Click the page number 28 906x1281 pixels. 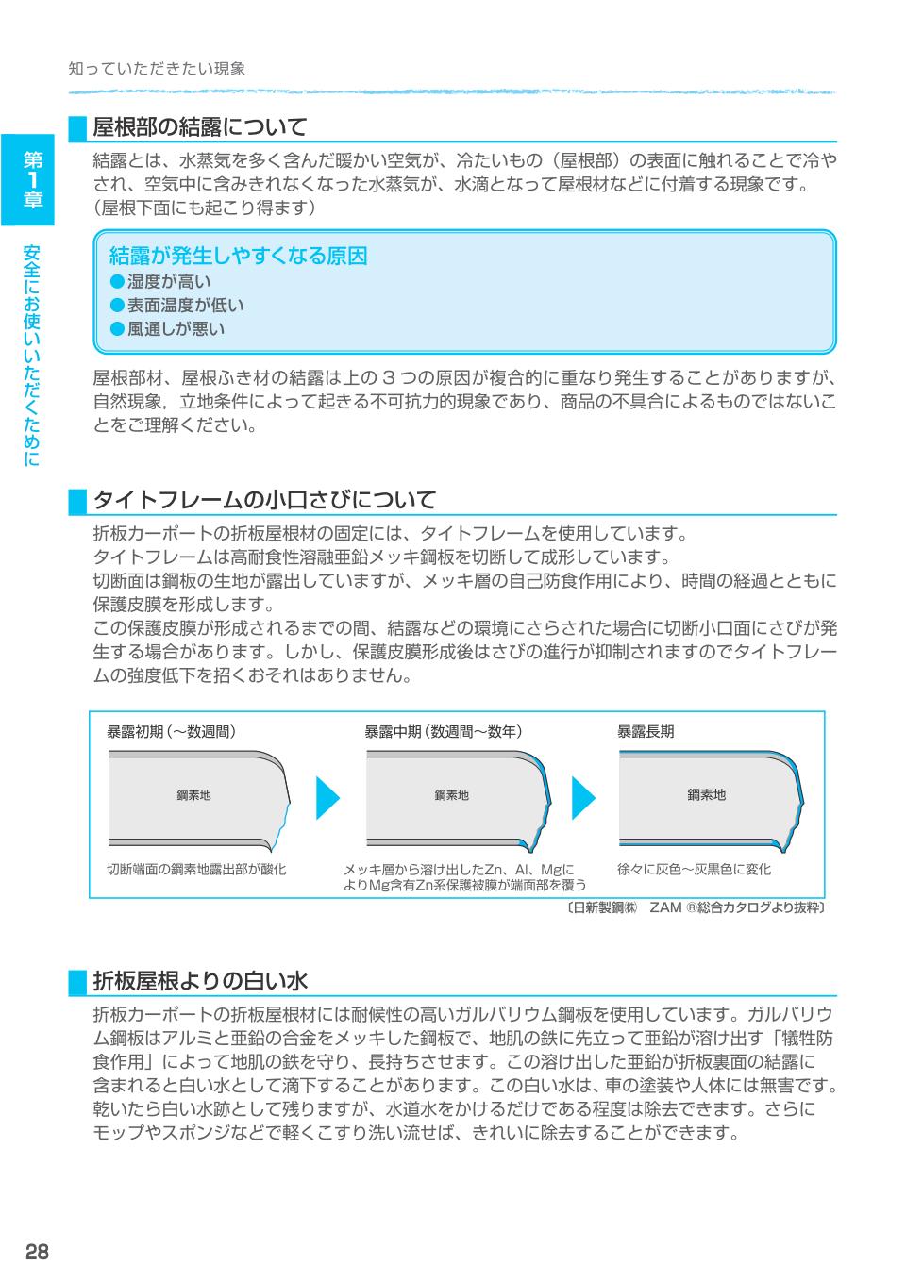[x=37, y=1251]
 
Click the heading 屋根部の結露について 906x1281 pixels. [x=200, y=126]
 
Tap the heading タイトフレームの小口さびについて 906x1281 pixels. [x=265, y=499]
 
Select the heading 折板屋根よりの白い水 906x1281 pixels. [x=200, y=981]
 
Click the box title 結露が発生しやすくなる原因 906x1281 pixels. [x=238, y=256]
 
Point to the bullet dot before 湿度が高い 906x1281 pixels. [x=117, y=281]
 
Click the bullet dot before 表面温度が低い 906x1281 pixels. [x=117, y=305]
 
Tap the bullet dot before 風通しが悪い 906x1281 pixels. [x=117, y=328]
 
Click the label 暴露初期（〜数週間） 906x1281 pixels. [x=171, y=731]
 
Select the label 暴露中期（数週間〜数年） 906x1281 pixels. [x=444, y=731]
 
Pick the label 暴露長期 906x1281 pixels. [x=646, y=731]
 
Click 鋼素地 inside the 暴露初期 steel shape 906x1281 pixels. [x=194, y=795]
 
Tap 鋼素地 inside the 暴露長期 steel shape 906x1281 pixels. [x=706, y=795]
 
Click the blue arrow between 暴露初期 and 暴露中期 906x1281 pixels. [x=326, y=798]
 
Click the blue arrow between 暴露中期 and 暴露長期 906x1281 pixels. [x=583, y=798]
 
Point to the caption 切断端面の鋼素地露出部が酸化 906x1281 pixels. [x=196, y=869]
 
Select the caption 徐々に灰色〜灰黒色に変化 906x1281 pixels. [x=694, y=869]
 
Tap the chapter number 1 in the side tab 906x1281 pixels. [x=32, y=178]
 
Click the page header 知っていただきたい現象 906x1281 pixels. [x=157, y=69]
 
